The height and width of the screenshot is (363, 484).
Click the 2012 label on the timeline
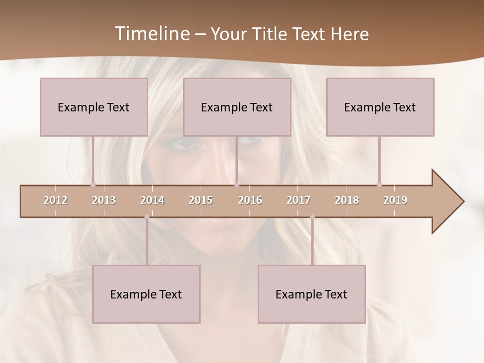tap(55, 200)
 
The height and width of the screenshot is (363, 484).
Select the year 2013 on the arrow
tap(104, 200)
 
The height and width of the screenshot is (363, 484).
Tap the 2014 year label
tap(152, 200)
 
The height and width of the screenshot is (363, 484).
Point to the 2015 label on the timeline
tap(201, 200)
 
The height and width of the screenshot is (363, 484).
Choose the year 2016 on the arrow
tap(250, 200)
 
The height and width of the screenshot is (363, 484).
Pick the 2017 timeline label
tap(298, 200)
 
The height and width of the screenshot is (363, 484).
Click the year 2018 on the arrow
tap(347, 200)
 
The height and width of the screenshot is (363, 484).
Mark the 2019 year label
tap(395, 200)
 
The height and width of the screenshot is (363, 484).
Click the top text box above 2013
tap(94, 107)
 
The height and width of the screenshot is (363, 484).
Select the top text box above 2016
tap(237, 107)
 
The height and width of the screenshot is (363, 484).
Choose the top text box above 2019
tap(380, 107)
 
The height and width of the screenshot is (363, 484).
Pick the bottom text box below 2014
tap(146, 294)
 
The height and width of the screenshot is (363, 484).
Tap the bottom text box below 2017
tap(312, 294)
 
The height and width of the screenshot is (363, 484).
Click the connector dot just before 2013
tap(93, 185)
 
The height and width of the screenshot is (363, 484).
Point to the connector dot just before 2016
tap(237, 185)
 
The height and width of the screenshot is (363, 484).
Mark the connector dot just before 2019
tap(379, 185)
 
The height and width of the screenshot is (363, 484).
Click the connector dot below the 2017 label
tap(312, 217)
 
